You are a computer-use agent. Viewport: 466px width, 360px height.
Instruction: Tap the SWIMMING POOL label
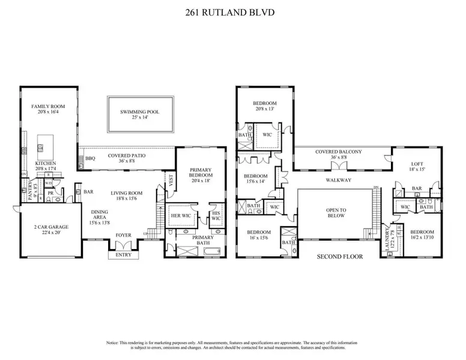tap(140, 112)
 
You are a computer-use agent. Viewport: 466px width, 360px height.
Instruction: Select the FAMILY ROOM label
tap(48, 106)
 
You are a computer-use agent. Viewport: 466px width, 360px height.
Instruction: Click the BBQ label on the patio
tap(91, 158)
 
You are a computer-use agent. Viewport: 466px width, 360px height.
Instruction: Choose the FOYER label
tap(122, 236)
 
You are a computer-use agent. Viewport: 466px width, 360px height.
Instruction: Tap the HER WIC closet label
tap(181, 215)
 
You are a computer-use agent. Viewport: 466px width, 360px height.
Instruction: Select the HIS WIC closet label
tap(217, 215)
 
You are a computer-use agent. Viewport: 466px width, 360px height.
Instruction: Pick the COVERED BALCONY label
tap(339, 152)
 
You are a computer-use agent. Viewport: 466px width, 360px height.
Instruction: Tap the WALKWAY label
tap(338, 180)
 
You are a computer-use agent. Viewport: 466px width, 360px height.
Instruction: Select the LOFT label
tap(417, 164)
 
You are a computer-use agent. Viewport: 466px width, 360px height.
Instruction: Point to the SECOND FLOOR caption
tap(338, 256)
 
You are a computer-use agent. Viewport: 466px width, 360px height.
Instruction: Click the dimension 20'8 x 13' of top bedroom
tap(264, 109)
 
